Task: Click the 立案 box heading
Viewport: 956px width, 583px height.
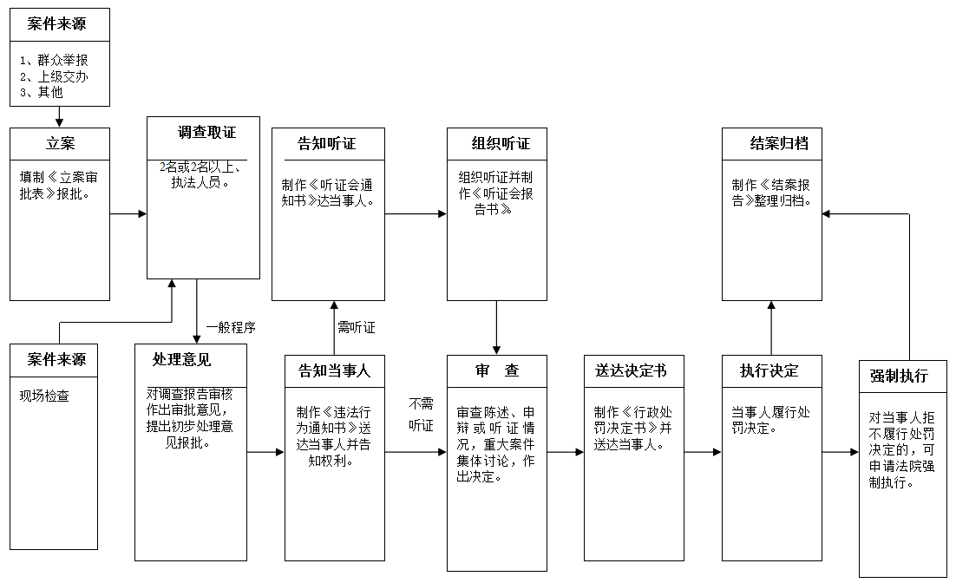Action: (x=60, y=144)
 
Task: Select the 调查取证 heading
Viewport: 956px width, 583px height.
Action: (x=206, y=133)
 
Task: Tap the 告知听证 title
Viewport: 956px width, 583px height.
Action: (x=327, y=144)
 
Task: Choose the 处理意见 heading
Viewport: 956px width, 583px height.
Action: (x=181, y=359)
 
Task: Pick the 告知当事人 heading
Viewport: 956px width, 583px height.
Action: (x=334, y=371)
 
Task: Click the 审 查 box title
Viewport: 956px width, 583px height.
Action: (x=497, y=371)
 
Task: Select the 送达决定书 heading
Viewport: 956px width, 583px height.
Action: (x=631, y=371)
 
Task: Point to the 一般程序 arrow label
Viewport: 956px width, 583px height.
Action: (x=230, y=329)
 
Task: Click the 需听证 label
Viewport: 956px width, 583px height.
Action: (x=356, y=329)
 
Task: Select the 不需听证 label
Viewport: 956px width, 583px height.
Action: (x=421, y=414)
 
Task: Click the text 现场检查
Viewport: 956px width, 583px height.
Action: (x=45, y=396)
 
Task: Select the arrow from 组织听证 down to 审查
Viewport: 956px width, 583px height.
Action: (x=496, y=328)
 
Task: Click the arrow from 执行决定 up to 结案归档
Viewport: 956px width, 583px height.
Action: (x=771, y=328)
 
